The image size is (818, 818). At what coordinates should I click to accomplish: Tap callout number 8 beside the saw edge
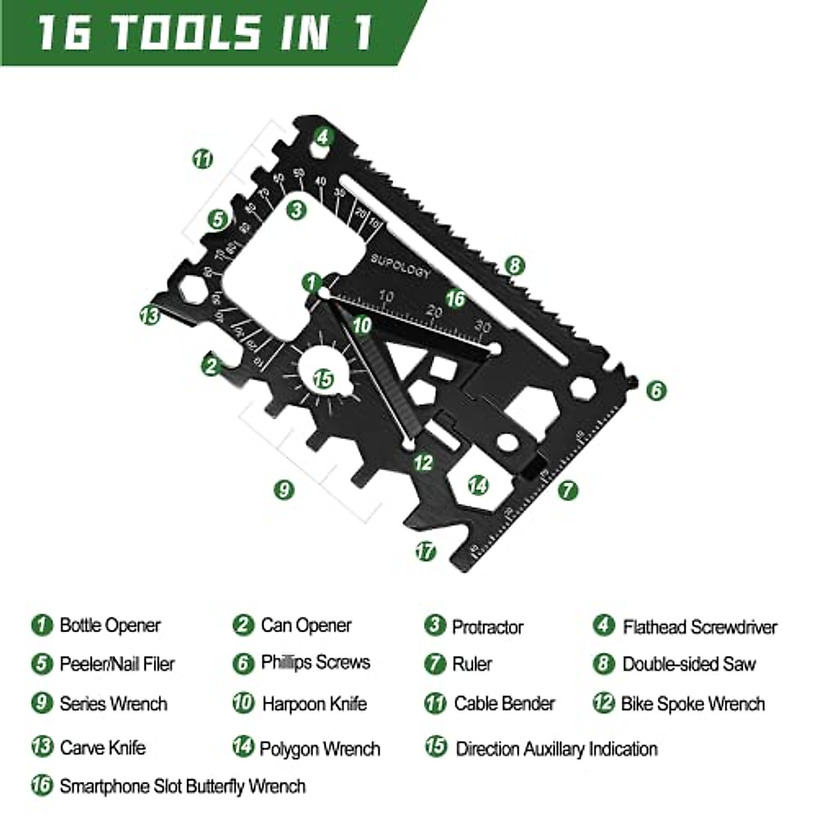coord(514,265)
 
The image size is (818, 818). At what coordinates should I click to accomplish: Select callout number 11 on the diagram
coord(202,160)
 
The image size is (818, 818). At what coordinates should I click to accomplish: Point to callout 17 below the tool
coord(425,551)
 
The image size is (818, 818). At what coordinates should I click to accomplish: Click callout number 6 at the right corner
coord(655,390)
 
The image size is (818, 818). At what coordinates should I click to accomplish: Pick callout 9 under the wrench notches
coord(284,489)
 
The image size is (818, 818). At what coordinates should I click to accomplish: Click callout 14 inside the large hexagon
coord(479,485)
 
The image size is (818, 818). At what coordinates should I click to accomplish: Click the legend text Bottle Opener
coord(110,625)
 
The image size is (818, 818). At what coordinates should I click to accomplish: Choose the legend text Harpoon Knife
coord(314,703)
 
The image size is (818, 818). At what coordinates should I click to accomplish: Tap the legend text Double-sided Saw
coord(688,664)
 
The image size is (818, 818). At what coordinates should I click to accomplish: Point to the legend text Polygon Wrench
coord(320,748)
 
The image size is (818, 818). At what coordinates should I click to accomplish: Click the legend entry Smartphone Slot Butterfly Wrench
coord(182,786)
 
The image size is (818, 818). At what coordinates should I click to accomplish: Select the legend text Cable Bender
coord(504,703)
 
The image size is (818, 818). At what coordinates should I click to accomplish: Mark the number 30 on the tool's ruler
coord(482,327)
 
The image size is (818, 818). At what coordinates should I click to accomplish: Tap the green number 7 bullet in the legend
coord(434,663)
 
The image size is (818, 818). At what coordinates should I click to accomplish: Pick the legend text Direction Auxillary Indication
coord(556,748)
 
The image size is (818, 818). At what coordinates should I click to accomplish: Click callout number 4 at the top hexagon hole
coord(322,136)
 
